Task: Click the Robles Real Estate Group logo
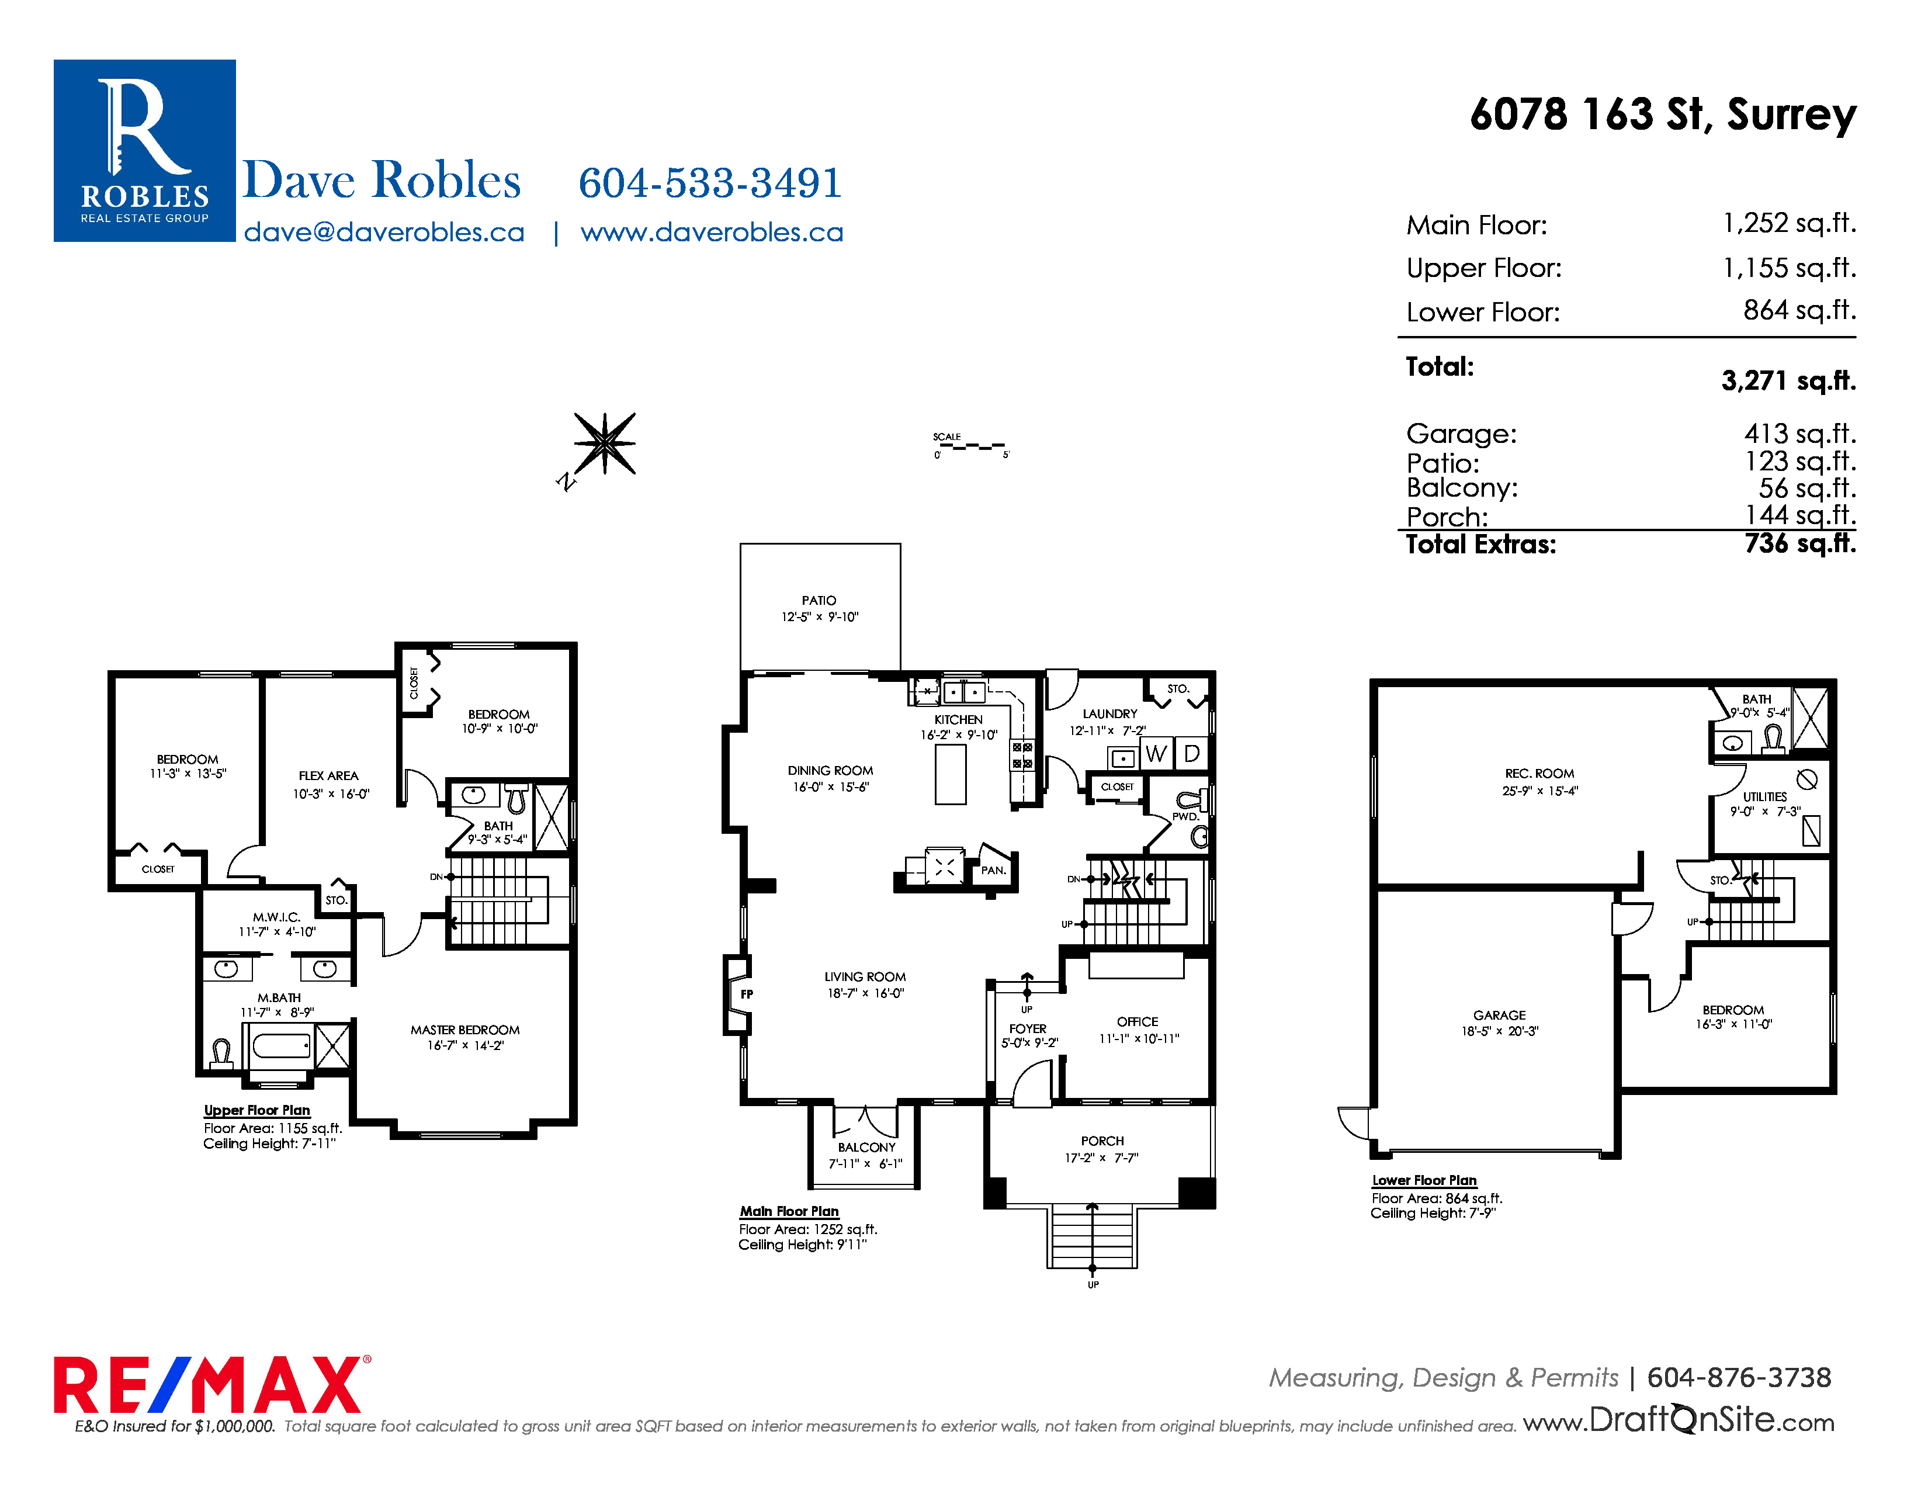pyautogui.click(x=145, y=151)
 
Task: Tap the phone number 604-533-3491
pyautogui.click(x=710, y=183)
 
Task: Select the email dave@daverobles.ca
pyautogui.click(x=384, y=232)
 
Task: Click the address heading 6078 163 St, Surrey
pyautogui.click(x=1663, y=115)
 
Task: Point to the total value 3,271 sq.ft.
pyautogui.click(x=1788, y=380)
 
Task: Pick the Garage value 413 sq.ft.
pyautogui.click(x=1800, y=434)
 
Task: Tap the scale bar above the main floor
pyautogui.click(x=971, y=446)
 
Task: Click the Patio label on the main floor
pyautogui.click(x=819, y=600)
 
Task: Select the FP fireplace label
pyautogui.click(x=747, y=994)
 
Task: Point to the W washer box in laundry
pyautogui.click(x=1156, y=754)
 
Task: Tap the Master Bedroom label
pyautogui.click(x=465, y=1030)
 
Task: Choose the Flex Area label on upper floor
pyautogui.click(x=328, y=776)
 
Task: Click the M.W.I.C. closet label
pyautogui.click(x=276, y=917)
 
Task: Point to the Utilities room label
pyautogui.click(x=1764, y=796)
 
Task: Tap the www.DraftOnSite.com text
pyautogui.click(x=1679, y=1419)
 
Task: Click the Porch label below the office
pyautogui.click(x=1102, y=1141)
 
